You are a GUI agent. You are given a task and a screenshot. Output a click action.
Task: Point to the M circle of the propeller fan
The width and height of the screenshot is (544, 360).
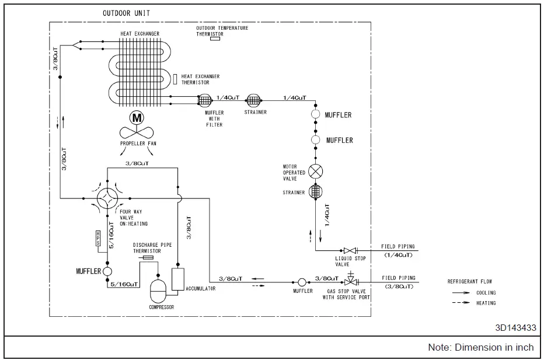[137, 117]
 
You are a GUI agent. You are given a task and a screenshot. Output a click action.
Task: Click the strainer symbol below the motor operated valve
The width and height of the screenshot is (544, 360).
[316, 192]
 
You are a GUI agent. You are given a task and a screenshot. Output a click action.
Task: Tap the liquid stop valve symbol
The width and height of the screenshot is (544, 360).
[350, 250]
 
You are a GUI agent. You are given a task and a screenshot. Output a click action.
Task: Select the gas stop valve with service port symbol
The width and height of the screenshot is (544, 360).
[350, 281]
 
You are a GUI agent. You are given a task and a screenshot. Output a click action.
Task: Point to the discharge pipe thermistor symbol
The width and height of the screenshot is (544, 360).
[148, 257]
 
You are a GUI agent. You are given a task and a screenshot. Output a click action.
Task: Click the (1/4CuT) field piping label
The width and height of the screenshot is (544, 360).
[398, 255]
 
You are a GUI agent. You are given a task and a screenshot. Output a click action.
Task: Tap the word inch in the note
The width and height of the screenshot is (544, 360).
[524, 347]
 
